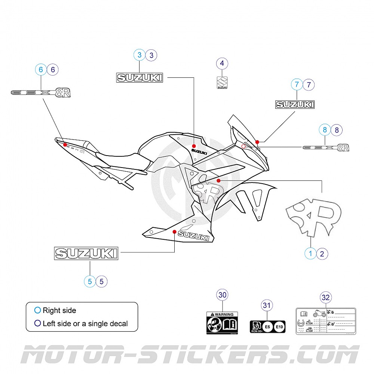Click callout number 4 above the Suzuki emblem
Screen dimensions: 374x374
[x=222, y=64]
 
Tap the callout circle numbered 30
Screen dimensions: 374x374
[x=223, y=295]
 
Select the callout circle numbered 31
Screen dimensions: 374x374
[x=266, y=306]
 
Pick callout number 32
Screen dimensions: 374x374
[x=326, y=298]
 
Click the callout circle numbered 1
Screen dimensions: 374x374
[x=310, y=254]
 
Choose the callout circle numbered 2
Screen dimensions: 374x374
[x=322, y=254]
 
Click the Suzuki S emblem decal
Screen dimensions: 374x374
[x=222, y=83]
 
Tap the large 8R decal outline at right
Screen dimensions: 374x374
[x=313, y=217]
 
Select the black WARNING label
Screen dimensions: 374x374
[x=222, y=323]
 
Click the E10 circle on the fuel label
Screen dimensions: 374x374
[x=279, y=327]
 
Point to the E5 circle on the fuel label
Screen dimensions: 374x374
[x=267, y=327]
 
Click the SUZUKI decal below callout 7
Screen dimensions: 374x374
[x=295, y=105]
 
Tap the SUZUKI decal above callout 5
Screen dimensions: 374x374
[x=86, y=253]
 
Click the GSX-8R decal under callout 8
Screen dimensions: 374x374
[x=325, y=147]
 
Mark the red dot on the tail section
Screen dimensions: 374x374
[x=65, y=144]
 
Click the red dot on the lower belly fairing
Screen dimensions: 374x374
[x=174, y=232]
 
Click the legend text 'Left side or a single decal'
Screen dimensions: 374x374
[x=85, y=324]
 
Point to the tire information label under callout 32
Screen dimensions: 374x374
[x=325, y=321]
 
